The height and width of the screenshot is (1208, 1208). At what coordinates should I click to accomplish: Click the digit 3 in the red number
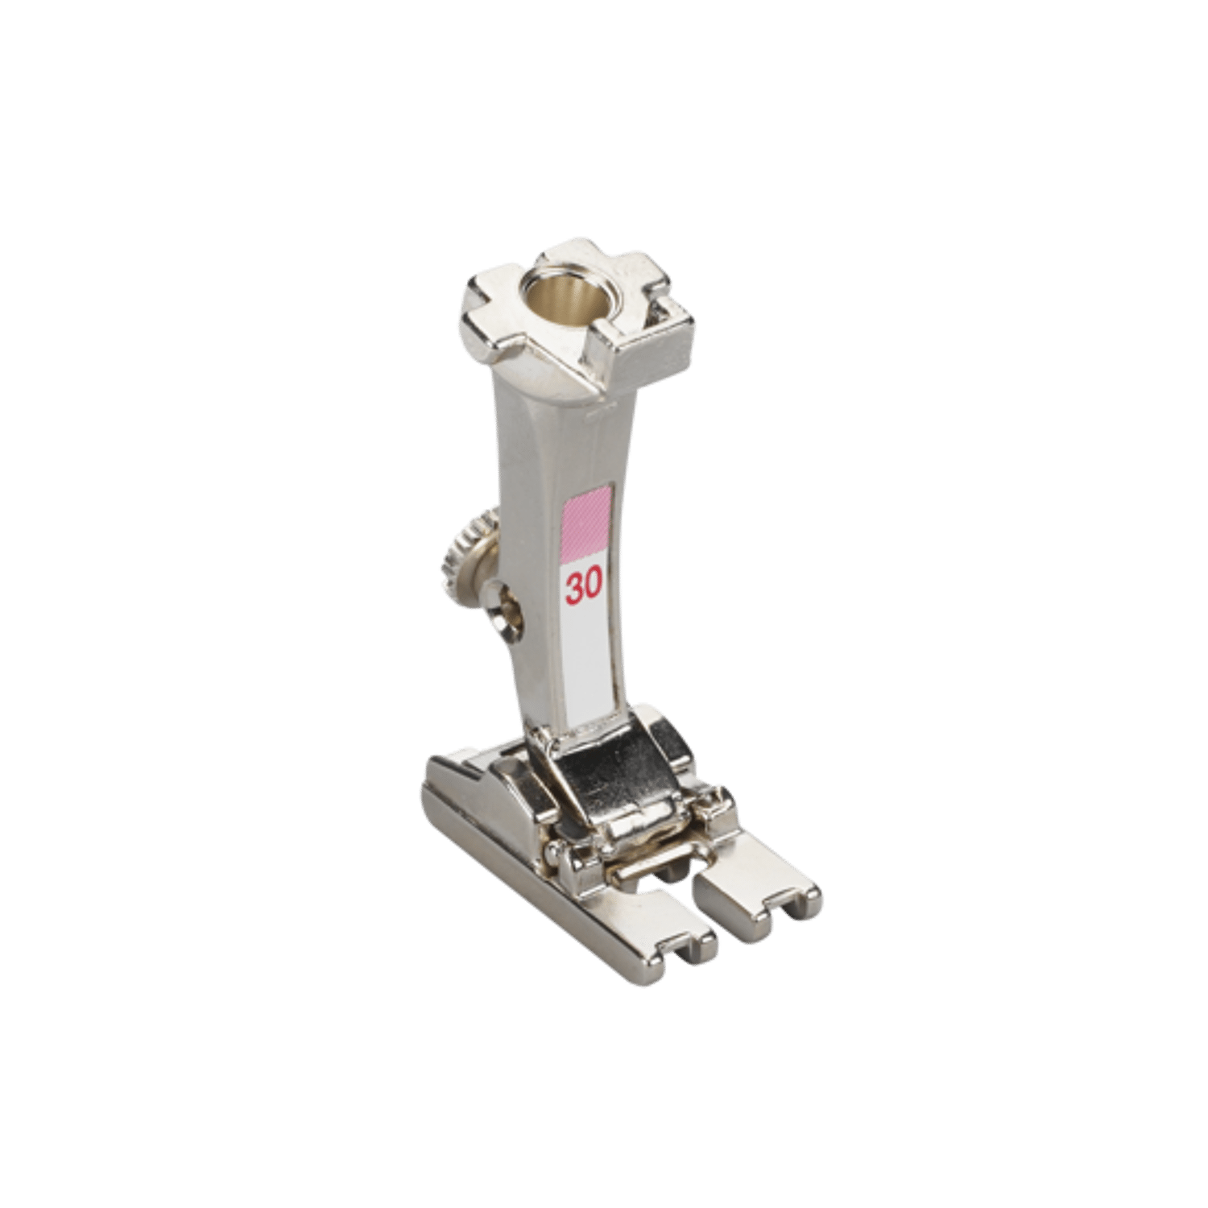574,588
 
